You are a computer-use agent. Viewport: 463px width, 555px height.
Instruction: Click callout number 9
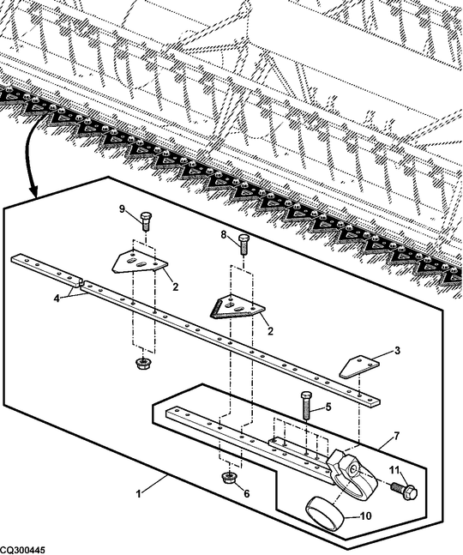(x=122, y=209)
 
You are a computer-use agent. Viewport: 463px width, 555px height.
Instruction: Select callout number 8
(x=224, y=235)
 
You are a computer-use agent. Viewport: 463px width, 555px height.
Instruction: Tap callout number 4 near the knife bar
(x=57, y=299)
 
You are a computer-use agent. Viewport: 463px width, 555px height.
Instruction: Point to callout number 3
(x=397, y=351)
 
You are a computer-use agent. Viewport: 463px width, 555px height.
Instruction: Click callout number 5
(x=328, y=407)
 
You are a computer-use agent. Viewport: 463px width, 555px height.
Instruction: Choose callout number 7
(x=396, y=436)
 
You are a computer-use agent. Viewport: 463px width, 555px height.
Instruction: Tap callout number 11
(x=394, y=470)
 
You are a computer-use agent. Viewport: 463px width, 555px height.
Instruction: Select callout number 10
(x=366, y=516)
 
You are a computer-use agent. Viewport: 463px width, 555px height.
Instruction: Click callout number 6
(x=247, y=493)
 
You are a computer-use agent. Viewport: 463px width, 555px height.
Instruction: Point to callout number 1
(x=139, y=493)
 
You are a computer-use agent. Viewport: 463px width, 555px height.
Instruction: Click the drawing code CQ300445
(x=22, y=551)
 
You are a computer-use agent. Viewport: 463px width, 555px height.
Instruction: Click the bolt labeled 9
(x=146, y=221)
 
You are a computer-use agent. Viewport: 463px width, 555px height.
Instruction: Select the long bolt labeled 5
(x=306, y=405)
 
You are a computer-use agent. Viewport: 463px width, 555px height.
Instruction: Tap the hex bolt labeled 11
(x=405, y=491)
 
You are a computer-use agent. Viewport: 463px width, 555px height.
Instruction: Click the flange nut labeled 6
(x=229, y=477)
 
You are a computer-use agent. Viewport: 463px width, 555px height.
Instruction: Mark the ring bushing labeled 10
(x=325, y=515)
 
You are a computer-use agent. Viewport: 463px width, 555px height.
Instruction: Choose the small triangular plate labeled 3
(x=359, y=366)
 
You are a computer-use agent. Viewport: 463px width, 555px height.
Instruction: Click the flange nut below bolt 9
(x=142, y=363)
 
